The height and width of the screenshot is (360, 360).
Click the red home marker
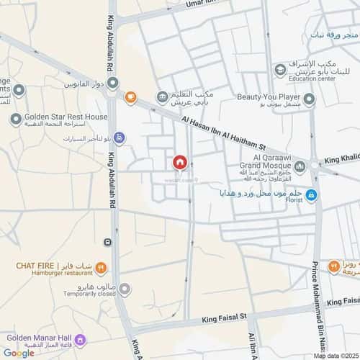(179, 163)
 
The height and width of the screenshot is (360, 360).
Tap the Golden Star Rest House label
(66, 117)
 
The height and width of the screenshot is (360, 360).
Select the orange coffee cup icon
(130, 97)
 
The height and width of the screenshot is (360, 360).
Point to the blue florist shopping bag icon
(311, 195)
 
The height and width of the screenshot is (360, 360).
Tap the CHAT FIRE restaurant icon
(102, 266)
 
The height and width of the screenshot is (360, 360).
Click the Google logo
(18, 352)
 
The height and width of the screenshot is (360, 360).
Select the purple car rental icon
(120, 138)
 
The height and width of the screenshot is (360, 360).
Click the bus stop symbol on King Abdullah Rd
(107, 242)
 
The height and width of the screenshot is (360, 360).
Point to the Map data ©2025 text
(333, 355)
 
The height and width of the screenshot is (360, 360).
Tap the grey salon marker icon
(125, 289)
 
